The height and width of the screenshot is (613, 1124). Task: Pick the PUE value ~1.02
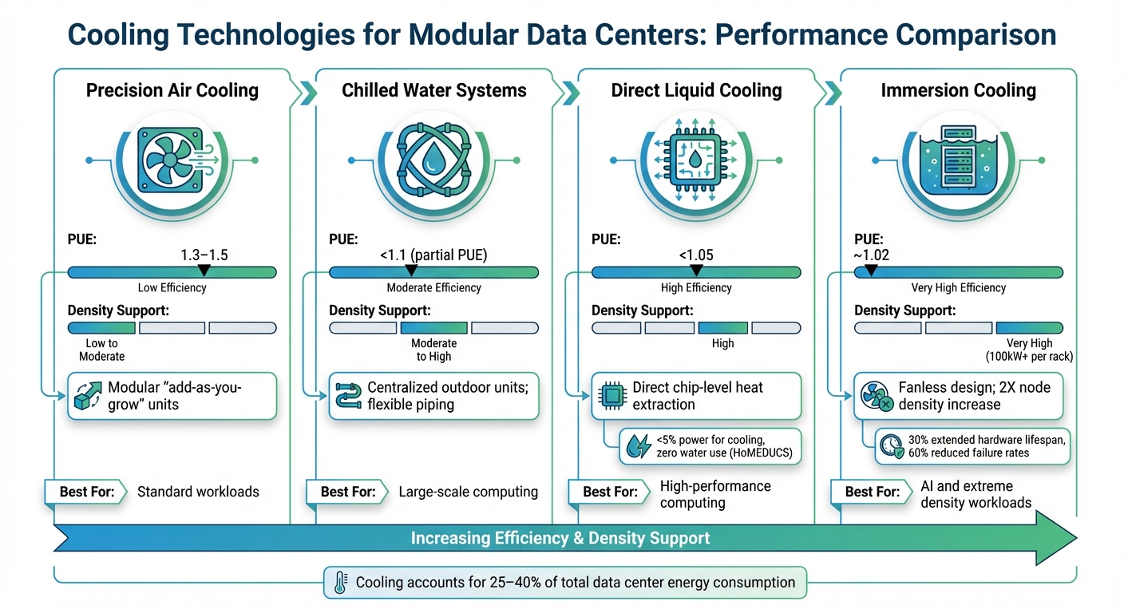click(872, 255)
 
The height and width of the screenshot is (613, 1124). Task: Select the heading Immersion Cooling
click(958, 90)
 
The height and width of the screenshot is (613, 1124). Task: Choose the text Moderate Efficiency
click(433, 287)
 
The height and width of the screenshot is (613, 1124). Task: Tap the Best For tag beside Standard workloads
click(86, 492)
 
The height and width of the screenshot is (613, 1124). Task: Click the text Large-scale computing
click(468, 492)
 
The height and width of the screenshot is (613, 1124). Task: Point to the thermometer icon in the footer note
click(338, 583)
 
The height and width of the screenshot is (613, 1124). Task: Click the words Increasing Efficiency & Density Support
click(560, 538)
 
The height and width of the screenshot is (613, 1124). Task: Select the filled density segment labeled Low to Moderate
click(101, 327)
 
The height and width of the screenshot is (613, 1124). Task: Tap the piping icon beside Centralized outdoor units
click(349, 395)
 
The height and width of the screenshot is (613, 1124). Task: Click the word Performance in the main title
click(801, 34)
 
